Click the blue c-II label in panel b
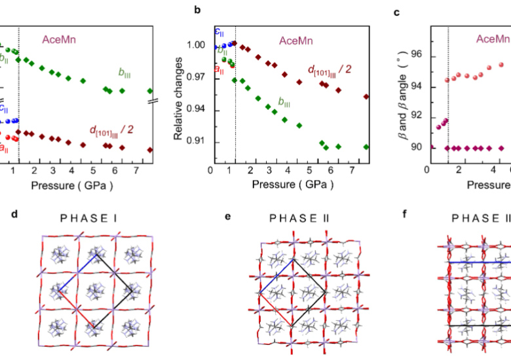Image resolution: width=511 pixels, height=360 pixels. (x=219, y=32)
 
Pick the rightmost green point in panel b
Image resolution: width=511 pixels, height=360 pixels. (x=366, y=147)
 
